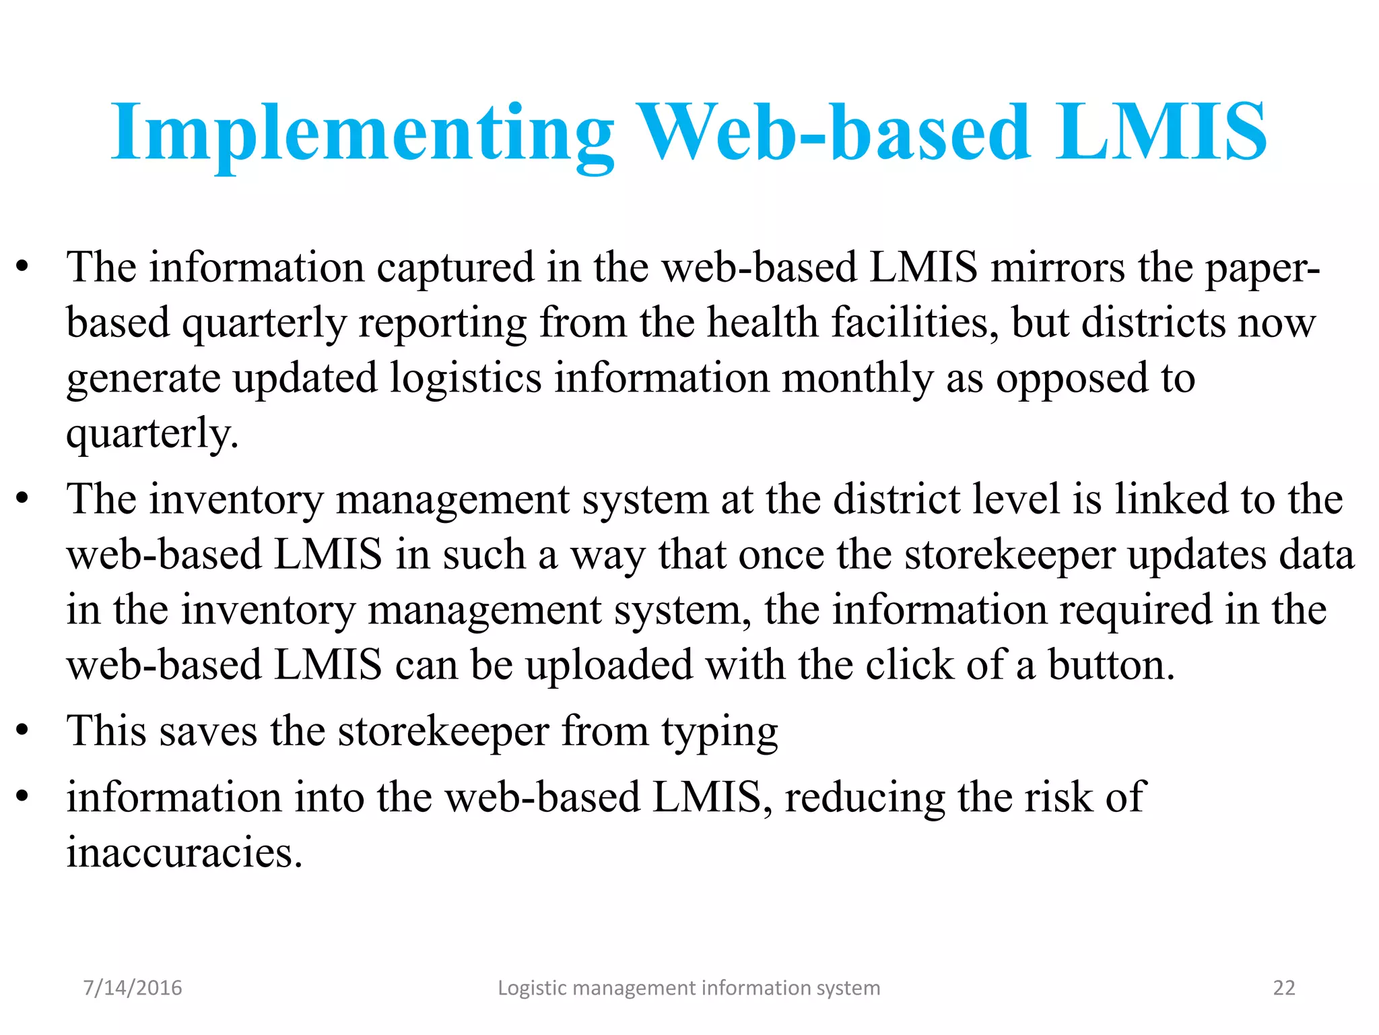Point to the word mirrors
pos(1058,268)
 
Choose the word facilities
pos(915,323)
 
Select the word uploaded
pos(609,665)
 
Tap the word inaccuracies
pos(184,852)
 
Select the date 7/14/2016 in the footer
pos(133,988)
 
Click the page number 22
pos(1283,988)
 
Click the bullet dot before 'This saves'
pos(23,731)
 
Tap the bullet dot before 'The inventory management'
pos(23,500)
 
